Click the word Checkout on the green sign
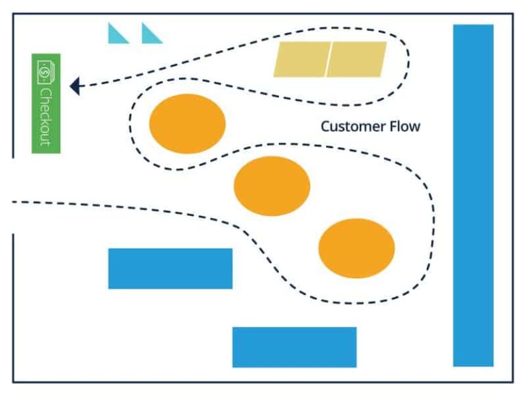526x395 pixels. (46, 116)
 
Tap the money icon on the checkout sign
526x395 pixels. (46, 71)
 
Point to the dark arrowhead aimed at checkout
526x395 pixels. (75, 86)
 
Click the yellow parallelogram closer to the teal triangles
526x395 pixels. (302, 59)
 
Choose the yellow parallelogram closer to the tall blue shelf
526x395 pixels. (356, 59)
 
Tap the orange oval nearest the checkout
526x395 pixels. (187, 123)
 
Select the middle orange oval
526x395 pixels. (272, 186)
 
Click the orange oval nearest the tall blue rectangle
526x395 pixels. (356, 248)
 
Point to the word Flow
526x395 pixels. (405, 126)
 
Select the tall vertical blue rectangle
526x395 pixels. (473, 195)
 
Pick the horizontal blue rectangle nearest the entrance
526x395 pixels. (170, 268)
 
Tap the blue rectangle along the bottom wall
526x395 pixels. (294, 347)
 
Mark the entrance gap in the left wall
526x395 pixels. (13, 196)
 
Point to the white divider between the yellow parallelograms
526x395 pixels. (329, 59)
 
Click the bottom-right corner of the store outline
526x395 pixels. (512, 382)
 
